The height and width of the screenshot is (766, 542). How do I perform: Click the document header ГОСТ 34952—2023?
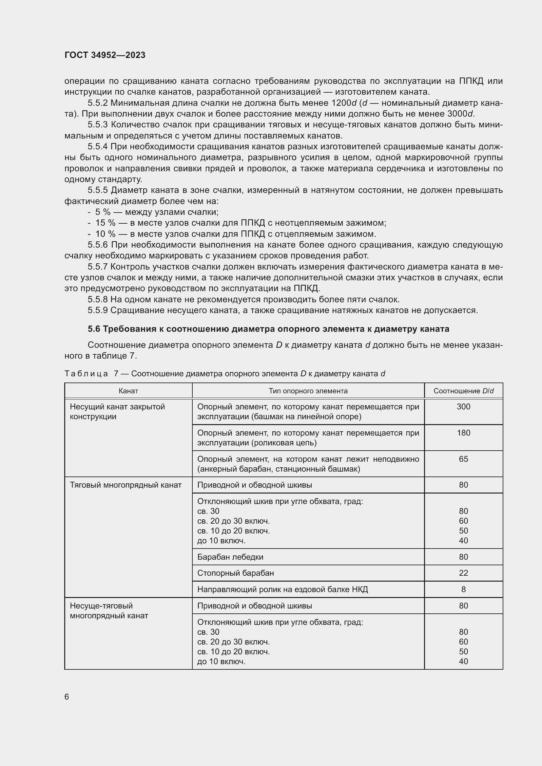pyautogui.click(x=105, y=55)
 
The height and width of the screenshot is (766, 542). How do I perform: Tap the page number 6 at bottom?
pyautogui.click(x=67, y=697)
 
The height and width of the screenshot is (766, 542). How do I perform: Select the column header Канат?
pyautogui.click(x=128, y=391)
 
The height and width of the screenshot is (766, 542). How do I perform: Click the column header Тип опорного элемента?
pyautogui.click(x=308, y=391)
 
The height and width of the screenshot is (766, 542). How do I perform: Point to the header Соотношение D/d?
pyautogui.click(x=463, y=391)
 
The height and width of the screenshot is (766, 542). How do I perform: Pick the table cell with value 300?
pyautogui.click(x=463, y=406)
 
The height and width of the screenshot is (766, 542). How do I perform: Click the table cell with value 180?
pyautogui.click(x=463, y=433)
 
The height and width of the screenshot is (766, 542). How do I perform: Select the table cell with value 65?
pyautogui.click(x=463, y=459)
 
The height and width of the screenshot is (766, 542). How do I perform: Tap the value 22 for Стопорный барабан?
pyautogui.click(x=463, y=573)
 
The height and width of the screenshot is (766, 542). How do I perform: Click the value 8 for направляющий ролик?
pyautogui.click(x=463, y=589)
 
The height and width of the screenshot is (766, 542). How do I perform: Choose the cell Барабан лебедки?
pyautogui.click(x=230, y=557)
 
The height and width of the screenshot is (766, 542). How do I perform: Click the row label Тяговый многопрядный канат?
pyautogui.click(x=126, y=485)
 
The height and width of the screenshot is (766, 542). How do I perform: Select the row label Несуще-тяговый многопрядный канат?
pyautogui.click(x=109, y=610)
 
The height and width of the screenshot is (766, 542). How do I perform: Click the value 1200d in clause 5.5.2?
pyautogui.click(x=344, y=103)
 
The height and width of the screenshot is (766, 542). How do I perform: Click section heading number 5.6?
pyautogui.click(x=94, y=329)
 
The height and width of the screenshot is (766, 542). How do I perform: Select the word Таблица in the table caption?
pyautogui.click(x=86, y=373)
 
